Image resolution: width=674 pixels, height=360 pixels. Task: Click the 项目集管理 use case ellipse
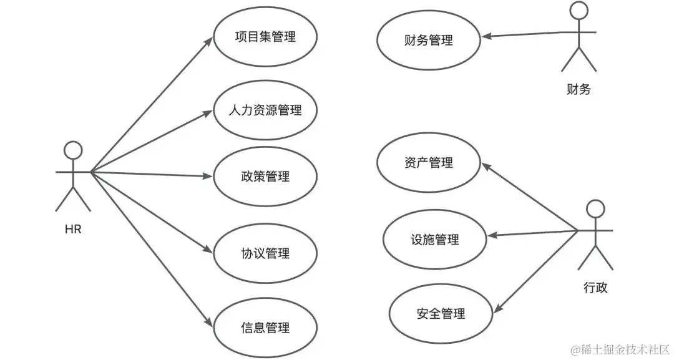[265, 37]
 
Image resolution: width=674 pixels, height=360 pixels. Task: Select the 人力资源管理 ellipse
[265, 110]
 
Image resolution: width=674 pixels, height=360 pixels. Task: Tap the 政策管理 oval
[265, 176]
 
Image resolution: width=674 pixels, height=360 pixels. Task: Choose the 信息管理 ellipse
[265, 327]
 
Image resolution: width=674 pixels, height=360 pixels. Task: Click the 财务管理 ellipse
[429, 41]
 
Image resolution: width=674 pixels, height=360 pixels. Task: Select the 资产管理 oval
[429, 162]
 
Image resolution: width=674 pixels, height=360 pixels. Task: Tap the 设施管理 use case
[435, 239]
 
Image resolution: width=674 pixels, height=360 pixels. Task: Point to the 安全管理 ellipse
[441, 313]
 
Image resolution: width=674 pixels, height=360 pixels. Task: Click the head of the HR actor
[74, 150]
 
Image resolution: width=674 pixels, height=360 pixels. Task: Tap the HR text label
[73, 229]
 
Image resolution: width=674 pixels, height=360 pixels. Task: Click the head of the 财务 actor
[579, 11]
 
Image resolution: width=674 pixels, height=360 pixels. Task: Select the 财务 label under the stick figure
[579, 90]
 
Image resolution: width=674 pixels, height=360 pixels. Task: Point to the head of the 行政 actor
[596, 209]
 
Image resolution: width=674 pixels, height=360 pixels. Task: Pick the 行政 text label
[595, 288]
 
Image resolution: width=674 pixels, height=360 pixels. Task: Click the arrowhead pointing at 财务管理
[487, 36]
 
